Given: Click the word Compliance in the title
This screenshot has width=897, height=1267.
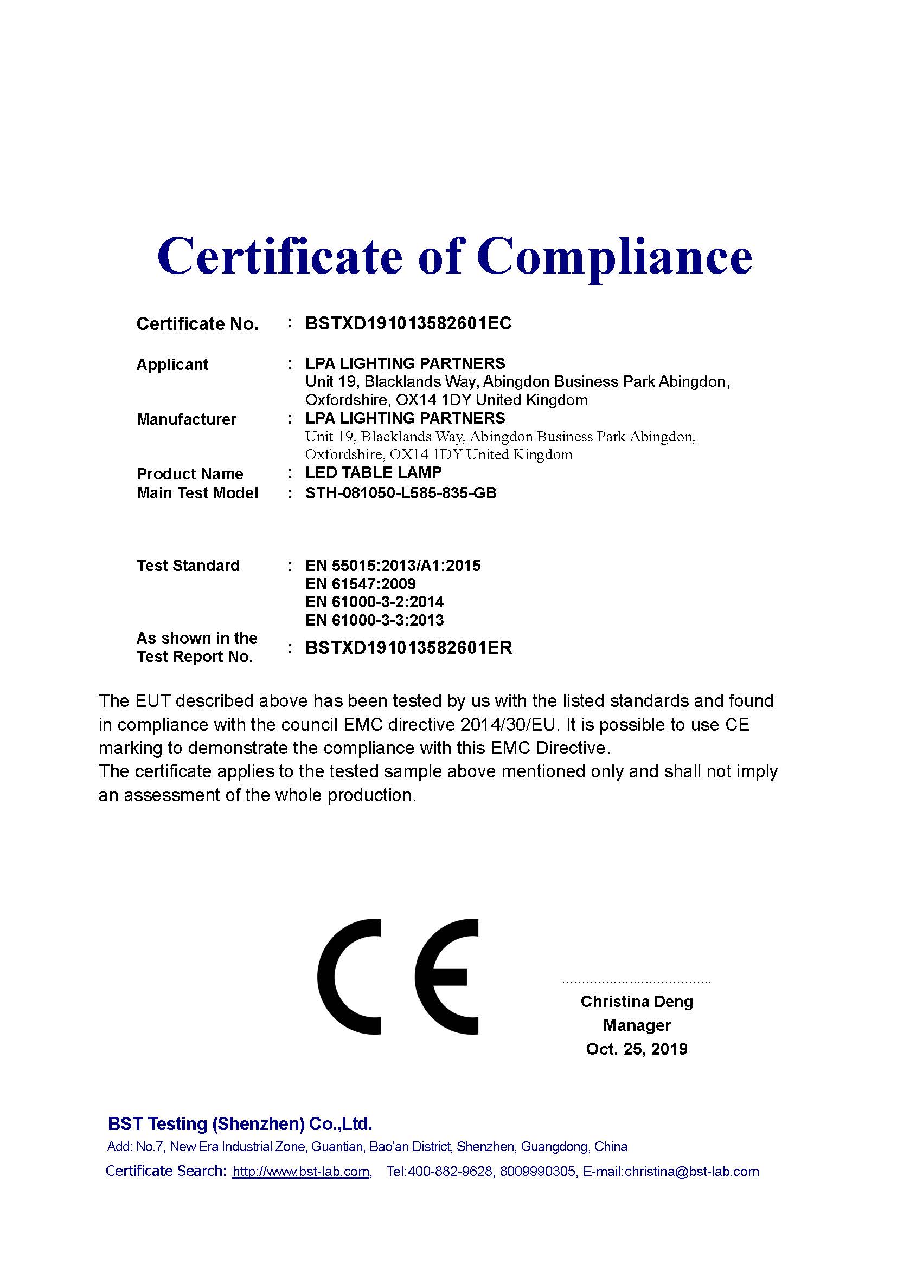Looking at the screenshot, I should (x=614, y=256).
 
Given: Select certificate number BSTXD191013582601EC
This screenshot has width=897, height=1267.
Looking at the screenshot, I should (x=408, y=323).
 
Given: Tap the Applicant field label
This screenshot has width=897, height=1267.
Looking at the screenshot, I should (x=172, y=365).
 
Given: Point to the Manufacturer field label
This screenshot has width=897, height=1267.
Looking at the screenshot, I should (x=186, y=419).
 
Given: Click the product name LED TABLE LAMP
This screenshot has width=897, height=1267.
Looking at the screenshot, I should (x=373, y=473).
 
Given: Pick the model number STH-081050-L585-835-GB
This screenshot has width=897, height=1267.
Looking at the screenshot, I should (x=400, y=493).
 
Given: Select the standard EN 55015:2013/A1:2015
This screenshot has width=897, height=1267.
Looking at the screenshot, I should (x=393, y=566).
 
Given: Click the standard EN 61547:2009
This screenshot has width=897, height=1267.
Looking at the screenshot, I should (x=360, y=584).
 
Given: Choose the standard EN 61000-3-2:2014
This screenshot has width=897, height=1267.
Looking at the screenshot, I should (x=374, y=602).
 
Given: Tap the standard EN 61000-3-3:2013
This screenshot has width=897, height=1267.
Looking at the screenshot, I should (x=374, y=620).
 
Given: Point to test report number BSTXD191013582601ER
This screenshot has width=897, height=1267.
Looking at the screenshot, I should (x=409, y=648).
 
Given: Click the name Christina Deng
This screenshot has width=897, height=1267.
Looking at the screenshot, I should (x=636, y=1002).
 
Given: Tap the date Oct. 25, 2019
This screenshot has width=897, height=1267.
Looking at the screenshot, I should (x=636, y=1049).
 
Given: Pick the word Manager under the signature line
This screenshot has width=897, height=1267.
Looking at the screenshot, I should (x=636, y=1025).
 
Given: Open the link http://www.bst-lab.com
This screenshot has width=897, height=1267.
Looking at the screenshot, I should (x=301, y=1172).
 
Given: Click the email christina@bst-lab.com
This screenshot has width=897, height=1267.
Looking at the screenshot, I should (x=691, y=1172).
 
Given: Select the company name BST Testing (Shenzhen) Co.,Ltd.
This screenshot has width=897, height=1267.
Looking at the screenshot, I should (x=240, y=1124).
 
